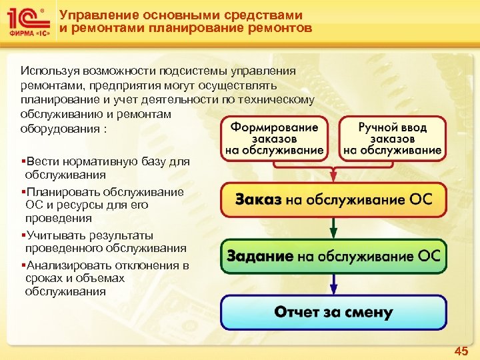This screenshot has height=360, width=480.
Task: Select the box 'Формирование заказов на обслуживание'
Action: point(274,139)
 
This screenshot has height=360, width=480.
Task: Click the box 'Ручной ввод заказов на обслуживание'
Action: point(392,139)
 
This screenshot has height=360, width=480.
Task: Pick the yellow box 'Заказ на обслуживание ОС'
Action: point(333,199)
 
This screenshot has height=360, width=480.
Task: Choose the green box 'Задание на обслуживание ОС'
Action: point(333,256)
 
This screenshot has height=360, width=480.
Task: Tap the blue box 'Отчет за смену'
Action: point(333,311)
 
